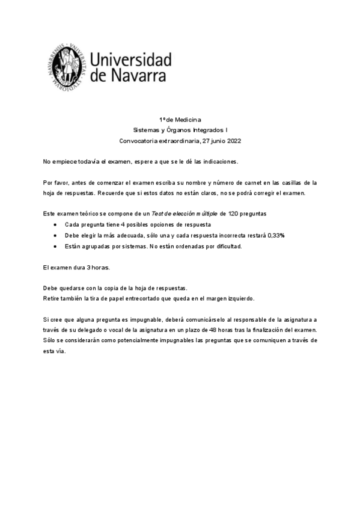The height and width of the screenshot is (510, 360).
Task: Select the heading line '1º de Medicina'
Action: [180, 120]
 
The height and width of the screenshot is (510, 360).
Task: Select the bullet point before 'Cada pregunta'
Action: [55, 224]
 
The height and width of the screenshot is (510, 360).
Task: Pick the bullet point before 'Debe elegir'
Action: [55, 235]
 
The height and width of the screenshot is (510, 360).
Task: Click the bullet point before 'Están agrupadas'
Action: [55, 246]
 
